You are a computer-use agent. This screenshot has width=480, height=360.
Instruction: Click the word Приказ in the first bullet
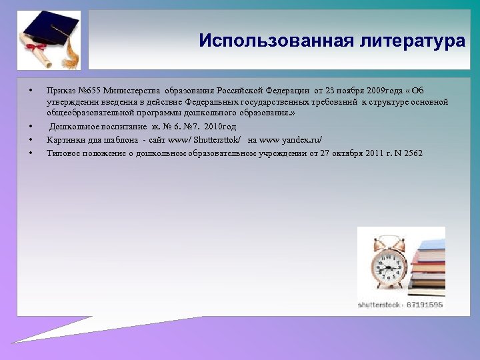(x=61, y=91)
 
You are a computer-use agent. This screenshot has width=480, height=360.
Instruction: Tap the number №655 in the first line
(x=90, y=91)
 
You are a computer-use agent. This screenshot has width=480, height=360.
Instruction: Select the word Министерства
(x=136, y=91)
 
